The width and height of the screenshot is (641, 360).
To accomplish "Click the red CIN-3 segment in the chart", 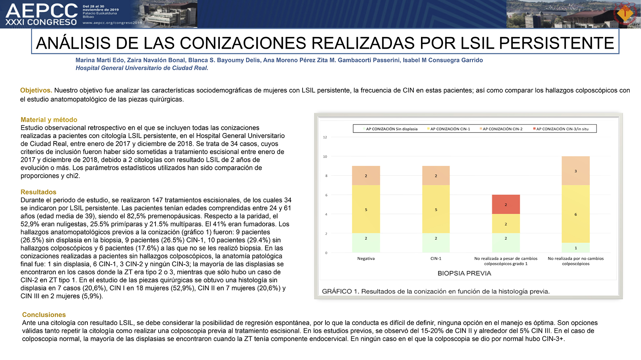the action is coord(506,204).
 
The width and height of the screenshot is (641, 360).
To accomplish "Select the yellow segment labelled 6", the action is coord(576,214).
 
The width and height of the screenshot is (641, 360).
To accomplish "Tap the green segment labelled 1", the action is coord(576,248).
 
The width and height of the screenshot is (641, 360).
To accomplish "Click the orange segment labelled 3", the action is coord(576,171).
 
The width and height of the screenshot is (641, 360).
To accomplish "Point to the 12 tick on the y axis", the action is coord(325,137).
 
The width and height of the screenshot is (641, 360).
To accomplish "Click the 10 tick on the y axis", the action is coord(325,156).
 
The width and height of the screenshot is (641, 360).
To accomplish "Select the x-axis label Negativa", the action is coord(366,259).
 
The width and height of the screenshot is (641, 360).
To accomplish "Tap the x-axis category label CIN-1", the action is coord(436,259).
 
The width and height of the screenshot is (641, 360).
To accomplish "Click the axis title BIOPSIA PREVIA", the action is coord(464,273).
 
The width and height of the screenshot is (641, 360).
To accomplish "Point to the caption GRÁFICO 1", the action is coord(340,291).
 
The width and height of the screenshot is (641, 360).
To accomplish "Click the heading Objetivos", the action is coord(36,90).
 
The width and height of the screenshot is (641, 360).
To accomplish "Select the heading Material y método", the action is coord(49,120).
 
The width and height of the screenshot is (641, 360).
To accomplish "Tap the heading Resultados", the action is coord(38,192).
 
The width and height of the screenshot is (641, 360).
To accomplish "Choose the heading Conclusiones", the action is coord(44,315).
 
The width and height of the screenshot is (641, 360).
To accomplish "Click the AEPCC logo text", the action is coord(42,11).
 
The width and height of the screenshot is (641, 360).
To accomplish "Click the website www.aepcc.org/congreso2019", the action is coord(112,23).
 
